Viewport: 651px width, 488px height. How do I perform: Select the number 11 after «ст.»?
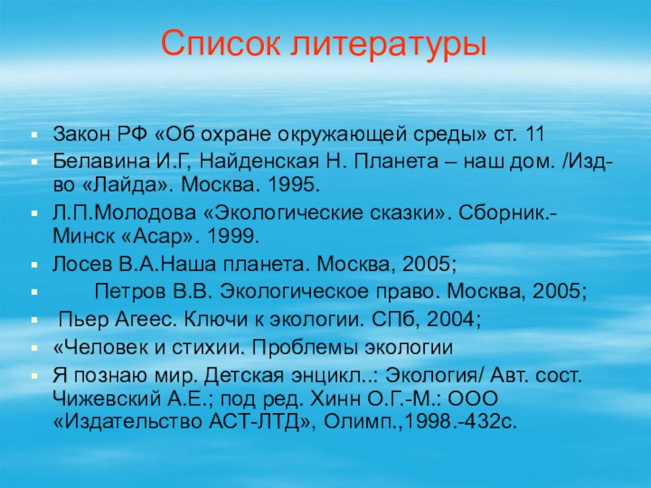tap(534, 134)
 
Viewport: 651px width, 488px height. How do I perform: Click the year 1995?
tap(294, 185)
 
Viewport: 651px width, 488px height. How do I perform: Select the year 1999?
tap(233, 236)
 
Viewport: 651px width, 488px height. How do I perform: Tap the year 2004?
tap(453, 319)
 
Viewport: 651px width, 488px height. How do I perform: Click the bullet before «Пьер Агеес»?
tap(35, 320)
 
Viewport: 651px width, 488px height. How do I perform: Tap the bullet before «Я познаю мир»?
tap(35, 377)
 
